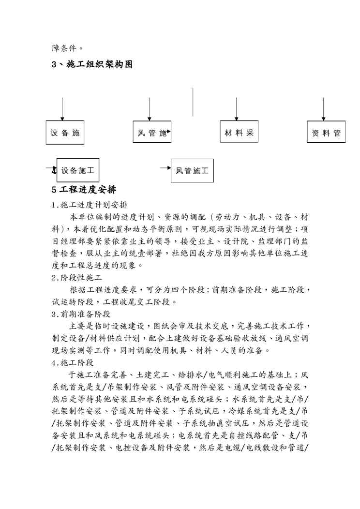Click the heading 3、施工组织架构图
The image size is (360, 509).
[92, 64]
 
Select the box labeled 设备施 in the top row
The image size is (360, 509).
[65, 132]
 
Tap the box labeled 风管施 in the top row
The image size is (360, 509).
[152, 132]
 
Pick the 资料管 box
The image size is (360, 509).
[326, 132]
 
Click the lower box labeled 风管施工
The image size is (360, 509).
[192, 170]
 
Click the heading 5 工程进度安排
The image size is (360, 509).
[84, 188]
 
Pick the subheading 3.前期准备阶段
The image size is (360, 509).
[81, 314]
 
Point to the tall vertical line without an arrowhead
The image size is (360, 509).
[193, 102]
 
